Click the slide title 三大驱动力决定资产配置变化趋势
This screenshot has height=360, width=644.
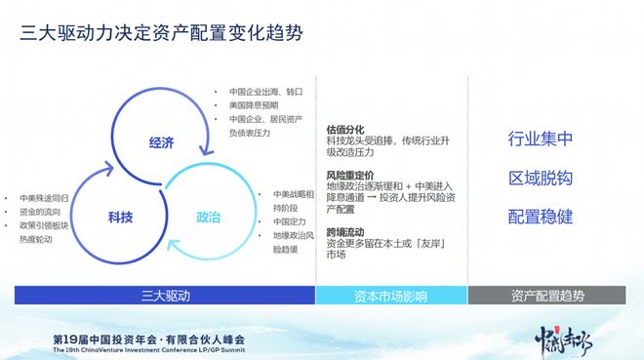tap(161, 33)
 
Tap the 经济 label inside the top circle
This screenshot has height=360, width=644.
tap(161, 142)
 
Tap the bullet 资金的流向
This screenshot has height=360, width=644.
tap(42, 211)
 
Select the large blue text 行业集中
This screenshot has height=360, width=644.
tap(540, 139)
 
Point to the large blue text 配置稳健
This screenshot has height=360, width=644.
tap(540, 215)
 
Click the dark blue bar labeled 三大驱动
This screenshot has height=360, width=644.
tap(164, 295)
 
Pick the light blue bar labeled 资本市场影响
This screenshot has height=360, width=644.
tap(391, 295)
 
